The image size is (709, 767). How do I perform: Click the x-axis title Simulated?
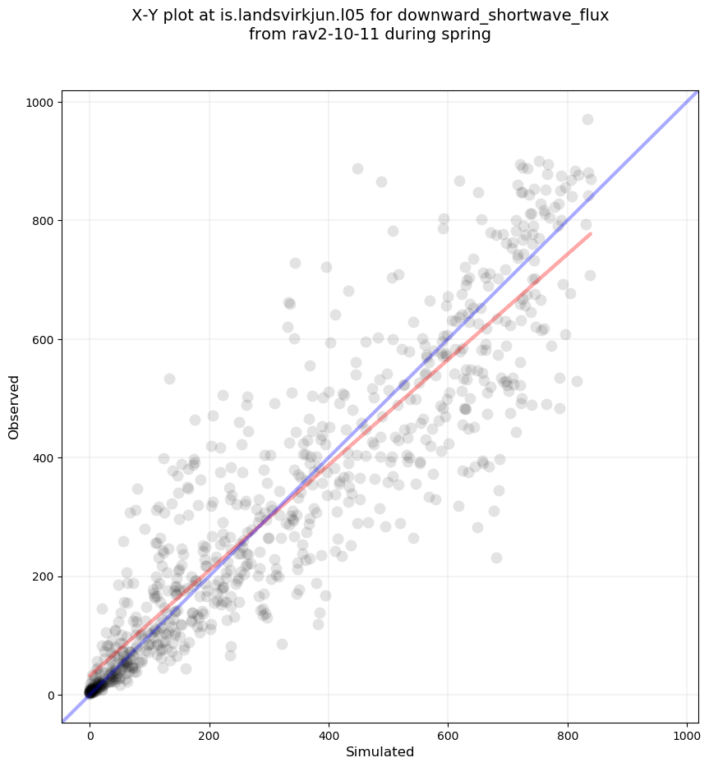click(x=380, y=752)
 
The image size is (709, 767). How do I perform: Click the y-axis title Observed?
click(x=14, y=406)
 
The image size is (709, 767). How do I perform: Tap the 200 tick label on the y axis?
click(x=41, y=576)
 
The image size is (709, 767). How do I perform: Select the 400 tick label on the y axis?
click(x=41, y=458)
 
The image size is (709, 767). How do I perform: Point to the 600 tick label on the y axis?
click(x=41, y=339)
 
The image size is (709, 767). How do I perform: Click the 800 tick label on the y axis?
click(x=41, y=221)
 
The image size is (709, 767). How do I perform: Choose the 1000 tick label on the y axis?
click(x=38, y=103)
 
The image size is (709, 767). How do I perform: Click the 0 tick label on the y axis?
click(x=50, y=695)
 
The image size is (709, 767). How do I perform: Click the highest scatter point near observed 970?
click(x=587, y=120)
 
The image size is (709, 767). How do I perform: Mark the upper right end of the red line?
click(x=590, y=234)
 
